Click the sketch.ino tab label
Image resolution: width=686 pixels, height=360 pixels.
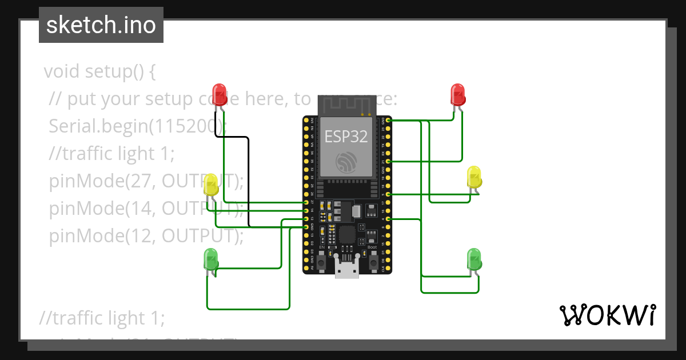tap(101, 25)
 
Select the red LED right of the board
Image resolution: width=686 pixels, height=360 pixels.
tap(458, 94)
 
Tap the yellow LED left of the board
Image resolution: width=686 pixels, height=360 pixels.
tap(211, 185)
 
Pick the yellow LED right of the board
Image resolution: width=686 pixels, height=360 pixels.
tap(474, 177)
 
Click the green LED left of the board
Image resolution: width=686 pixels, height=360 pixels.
tap(211, 259)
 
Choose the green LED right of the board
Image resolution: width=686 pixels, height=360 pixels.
tap(474, 259)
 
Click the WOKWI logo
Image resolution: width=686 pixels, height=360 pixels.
tap(607, 315)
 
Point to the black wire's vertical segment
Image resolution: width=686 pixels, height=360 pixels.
tap(249, 183)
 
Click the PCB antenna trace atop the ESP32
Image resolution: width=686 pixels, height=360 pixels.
tap(347, 106)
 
